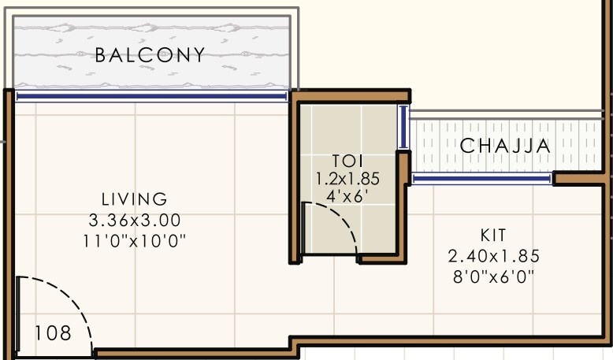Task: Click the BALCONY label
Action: click(x=150, y=55)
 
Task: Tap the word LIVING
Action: click(x=134, y=199)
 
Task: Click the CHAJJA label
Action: click(x=505, y=146)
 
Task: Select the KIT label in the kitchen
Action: click(x=493, y=236)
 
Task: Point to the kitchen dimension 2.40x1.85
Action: click(x=493, y=256)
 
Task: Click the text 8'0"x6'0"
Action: click(x=493, y=276)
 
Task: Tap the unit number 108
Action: click(x=53, y=333)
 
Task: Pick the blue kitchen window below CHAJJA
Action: click(x=481, y=180)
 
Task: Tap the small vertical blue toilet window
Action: click(x=403, y=128)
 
